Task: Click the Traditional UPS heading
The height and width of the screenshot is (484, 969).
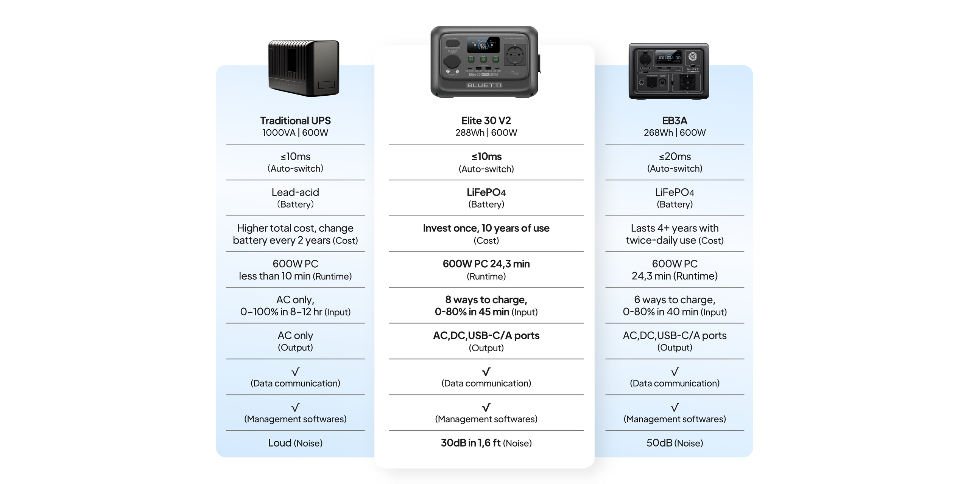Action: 295,121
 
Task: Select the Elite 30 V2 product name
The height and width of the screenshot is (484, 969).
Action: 486,121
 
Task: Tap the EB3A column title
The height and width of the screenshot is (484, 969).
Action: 675,121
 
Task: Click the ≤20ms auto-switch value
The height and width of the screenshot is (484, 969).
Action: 675,157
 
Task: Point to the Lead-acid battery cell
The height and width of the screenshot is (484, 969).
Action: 295,198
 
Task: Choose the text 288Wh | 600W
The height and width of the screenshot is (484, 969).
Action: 486,133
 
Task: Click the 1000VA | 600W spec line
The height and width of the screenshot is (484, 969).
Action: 295,133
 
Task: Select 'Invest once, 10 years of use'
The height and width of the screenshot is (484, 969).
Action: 486,228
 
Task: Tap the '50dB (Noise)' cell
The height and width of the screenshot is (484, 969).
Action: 675,443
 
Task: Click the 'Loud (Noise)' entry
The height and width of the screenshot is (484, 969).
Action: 295,443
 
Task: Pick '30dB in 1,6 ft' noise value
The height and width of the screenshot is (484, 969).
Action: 470,443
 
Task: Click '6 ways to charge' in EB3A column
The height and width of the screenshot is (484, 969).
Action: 675,300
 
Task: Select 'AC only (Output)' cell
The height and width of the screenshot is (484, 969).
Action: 295,341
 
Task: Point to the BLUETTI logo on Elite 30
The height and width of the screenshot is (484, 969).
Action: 484,85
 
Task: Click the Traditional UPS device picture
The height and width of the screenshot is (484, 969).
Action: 304,68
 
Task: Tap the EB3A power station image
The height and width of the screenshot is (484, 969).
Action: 669,71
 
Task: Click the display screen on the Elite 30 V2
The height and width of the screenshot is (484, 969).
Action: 483,45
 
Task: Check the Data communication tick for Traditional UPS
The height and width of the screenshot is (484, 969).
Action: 295,371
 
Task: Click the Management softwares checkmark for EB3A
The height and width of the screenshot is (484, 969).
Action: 675,407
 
